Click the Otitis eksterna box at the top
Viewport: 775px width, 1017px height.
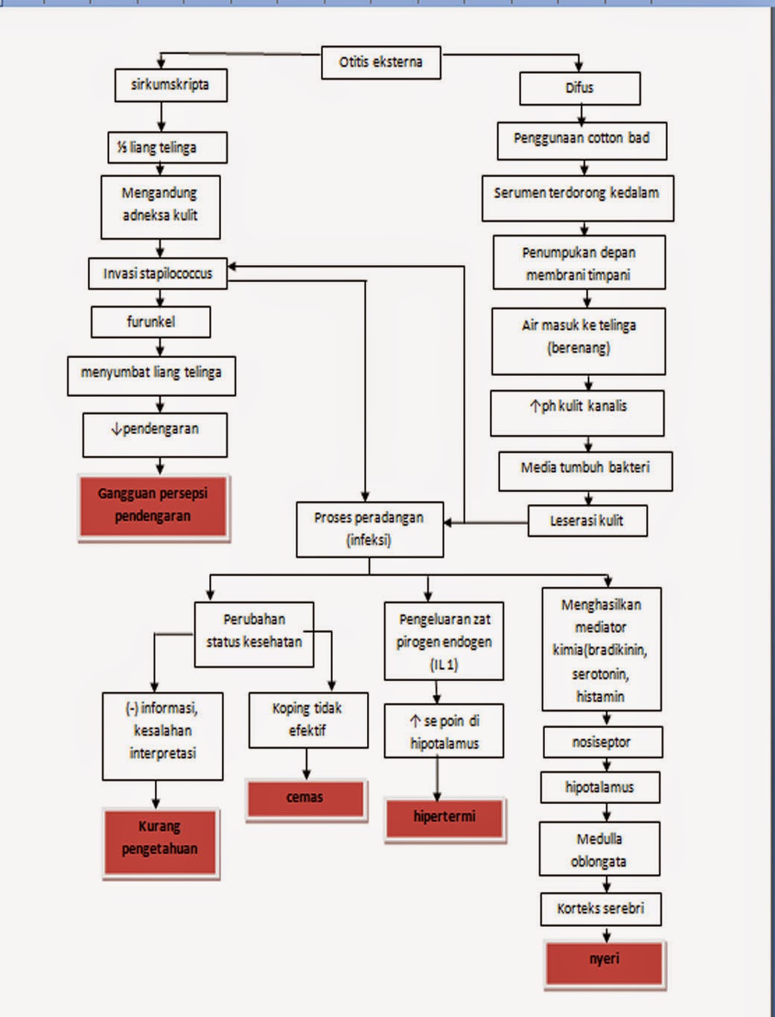[380, 63]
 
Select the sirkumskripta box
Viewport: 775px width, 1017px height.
[171, 86]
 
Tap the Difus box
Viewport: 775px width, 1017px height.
[580, 88]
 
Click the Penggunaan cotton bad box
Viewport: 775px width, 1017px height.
[582, 141]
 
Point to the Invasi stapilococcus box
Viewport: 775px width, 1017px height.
[158, 273]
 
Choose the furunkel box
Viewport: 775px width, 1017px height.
[150, 322]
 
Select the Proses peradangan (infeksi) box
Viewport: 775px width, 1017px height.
[370, 529]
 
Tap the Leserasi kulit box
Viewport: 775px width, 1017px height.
[587, 520]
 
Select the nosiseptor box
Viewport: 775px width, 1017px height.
[603, 742]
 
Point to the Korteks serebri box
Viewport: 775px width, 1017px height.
[601, 909]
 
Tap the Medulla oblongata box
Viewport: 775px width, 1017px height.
[599, 849]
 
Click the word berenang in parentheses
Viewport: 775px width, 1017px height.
[578, 348]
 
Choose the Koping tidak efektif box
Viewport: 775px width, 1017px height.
[308, 720]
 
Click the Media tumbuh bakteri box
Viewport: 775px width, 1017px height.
[586, 471]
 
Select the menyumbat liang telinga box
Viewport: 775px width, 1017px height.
[151, 376]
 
